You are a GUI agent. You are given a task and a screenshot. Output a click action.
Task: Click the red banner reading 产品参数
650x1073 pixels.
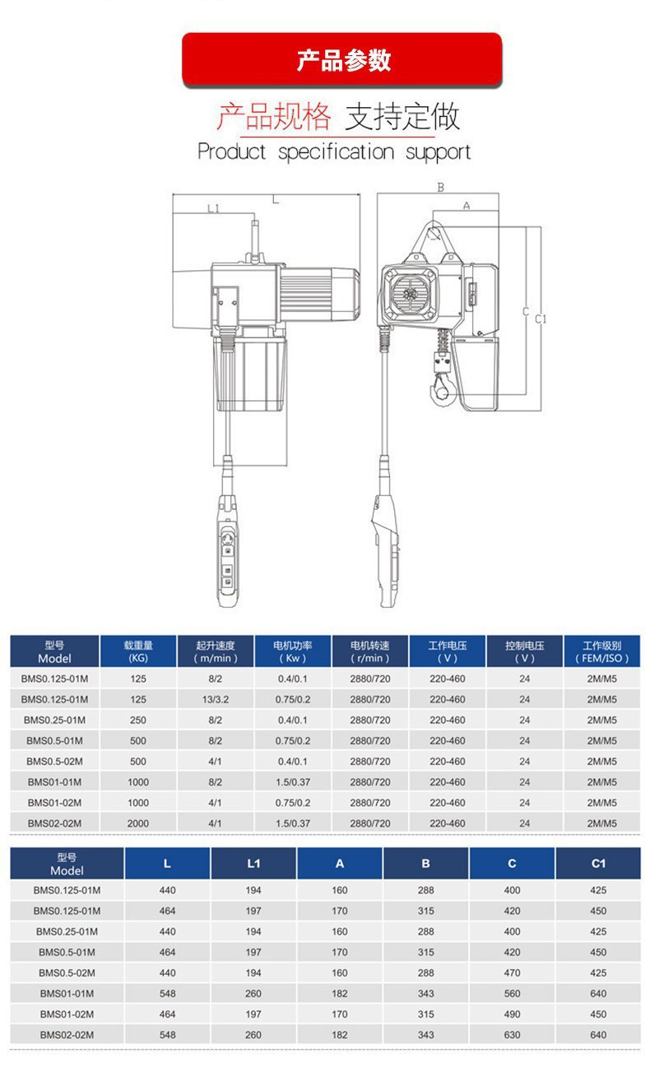pos(341,59)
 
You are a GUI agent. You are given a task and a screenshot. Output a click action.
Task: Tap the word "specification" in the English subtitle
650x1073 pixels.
pos(337,152)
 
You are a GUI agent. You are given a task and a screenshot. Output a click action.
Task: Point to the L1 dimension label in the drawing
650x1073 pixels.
pos(213,208)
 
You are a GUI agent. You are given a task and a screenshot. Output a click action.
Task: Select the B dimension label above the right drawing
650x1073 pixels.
pos(440,188)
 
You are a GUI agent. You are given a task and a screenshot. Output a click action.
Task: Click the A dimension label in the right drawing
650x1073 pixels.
pos(466,206)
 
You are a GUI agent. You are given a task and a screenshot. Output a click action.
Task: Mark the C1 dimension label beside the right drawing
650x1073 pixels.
pos(541,319)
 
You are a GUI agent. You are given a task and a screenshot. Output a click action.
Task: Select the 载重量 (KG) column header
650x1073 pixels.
pos(138,651)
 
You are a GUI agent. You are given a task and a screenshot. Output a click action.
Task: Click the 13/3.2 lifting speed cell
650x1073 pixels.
pos(216,700)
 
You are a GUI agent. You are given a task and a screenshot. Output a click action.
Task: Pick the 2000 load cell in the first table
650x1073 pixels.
pos(138,823)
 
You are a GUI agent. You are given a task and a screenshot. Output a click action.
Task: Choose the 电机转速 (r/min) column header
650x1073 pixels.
pos(370,651)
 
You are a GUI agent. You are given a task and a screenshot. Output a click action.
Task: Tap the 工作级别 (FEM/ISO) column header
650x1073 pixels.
pos(601,651)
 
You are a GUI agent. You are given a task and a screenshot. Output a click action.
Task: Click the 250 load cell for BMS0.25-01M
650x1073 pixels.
pos(138,721)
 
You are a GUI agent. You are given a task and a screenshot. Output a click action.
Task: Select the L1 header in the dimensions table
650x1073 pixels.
pos(253,864)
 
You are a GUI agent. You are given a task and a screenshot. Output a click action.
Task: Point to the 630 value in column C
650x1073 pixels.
pos(512,1035)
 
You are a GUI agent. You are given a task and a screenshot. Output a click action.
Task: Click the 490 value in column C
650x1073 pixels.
pos(512,1015)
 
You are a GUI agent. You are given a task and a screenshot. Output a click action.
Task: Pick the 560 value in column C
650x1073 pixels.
pos(512,994)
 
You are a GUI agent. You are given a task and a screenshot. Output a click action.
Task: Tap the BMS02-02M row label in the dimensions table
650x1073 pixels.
pos(67,1035)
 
